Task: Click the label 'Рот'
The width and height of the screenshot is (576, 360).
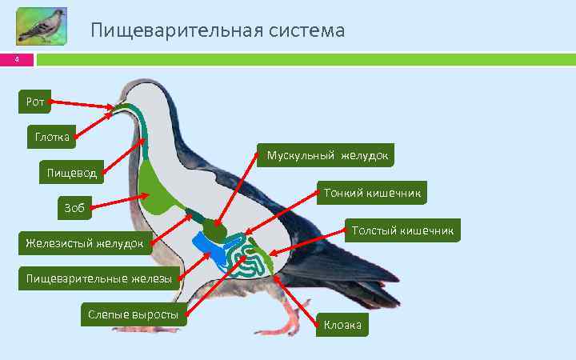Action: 35,102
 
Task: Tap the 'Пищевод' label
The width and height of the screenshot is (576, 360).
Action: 70,172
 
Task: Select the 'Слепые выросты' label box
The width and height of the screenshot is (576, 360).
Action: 133,314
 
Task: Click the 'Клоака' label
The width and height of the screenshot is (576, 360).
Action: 342,324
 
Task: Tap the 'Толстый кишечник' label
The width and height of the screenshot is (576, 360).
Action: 402,230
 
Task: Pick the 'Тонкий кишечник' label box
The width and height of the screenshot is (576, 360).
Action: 372,193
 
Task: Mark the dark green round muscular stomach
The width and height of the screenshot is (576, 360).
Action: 214,229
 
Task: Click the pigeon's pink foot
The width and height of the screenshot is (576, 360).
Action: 280,326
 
